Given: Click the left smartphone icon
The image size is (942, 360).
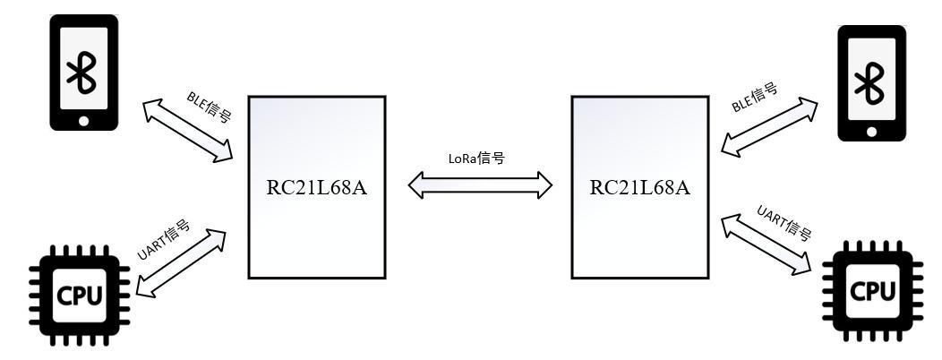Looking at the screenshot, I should (x=83, y=72).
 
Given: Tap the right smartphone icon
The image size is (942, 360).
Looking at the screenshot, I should (x=870, y=82).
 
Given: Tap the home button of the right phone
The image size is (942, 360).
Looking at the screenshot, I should (x=870, y=131).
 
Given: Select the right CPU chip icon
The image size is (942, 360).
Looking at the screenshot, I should (x=870, y=290).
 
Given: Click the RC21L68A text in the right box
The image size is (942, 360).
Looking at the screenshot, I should (x=639, y=187).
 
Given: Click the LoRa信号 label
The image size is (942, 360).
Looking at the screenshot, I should (x=476, y=159).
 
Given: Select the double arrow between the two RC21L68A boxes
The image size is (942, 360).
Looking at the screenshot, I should (x=481, y=185).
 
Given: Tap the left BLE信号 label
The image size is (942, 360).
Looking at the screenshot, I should (x=209, y=106).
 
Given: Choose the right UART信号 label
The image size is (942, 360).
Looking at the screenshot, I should (x=784, y=223).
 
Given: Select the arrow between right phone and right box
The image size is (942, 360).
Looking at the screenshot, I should (x=770, y=128).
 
